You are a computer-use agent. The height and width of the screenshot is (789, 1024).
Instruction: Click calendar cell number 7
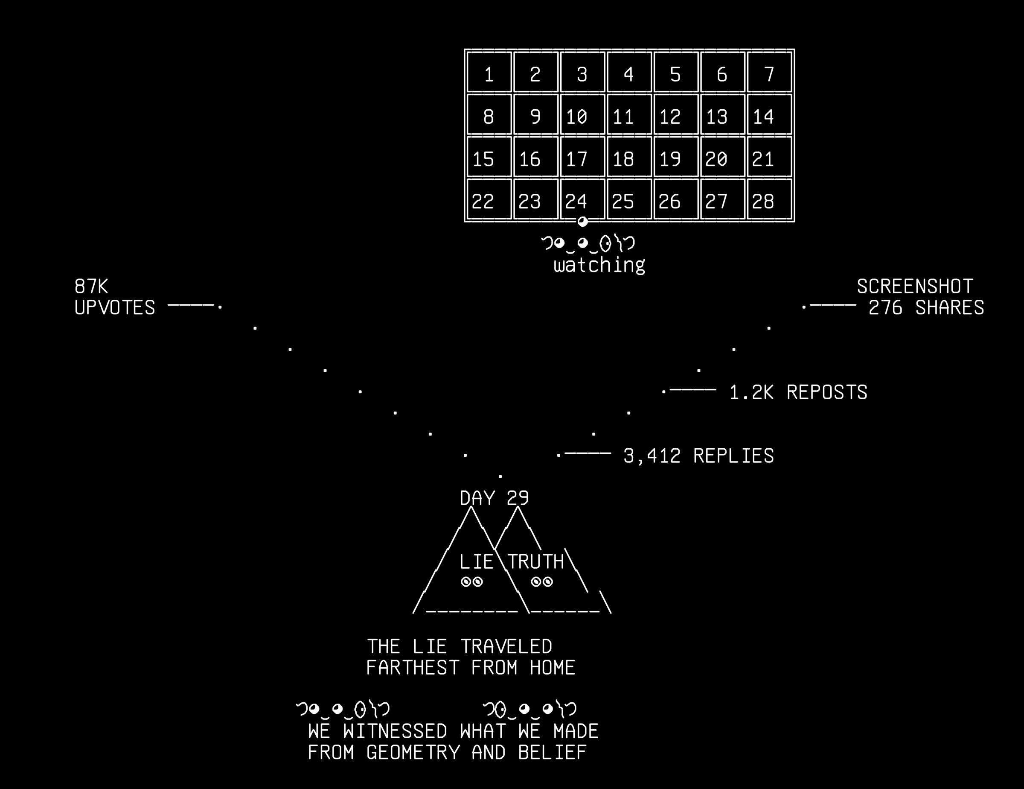pos(769,72)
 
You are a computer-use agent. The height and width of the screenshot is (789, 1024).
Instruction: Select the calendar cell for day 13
pos(722,114)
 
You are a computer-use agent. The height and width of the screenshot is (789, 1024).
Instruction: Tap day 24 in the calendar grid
pos(583,199)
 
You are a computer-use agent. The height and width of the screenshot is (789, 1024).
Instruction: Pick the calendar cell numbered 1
pos(489,72)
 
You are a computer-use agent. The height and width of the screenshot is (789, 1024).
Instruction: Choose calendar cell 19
pos(676,157)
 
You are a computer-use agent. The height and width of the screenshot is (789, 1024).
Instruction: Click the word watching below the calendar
pos(599,266)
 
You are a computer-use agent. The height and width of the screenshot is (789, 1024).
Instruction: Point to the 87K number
pos(91,286)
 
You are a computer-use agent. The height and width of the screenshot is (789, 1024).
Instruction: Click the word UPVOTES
pos(114,308)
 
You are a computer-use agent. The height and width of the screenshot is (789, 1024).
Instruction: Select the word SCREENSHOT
pos(915,286)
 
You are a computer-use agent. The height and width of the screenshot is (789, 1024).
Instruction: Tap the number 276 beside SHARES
pos(885,308)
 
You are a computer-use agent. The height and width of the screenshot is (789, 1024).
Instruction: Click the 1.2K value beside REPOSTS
pos(751,392)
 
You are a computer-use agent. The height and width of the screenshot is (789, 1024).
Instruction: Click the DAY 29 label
pos(494,498)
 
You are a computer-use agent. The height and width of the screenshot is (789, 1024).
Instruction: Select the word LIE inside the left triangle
pos(476,561)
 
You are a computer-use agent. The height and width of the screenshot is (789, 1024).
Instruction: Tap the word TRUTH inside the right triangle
pos(535,561)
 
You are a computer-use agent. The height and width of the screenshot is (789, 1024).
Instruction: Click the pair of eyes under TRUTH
pos(541,582)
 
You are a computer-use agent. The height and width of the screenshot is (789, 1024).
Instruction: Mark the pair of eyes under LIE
pos(471,582)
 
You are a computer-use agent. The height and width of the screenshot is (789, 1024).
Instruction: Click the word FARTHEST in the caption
pos(413,667)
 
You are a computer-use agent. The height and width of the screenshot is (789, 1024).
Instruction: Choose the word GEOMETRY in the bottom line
pos(413,752)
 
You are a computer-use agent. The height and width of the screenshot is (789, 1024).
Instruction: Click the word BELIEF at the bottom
pos(553,752)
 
